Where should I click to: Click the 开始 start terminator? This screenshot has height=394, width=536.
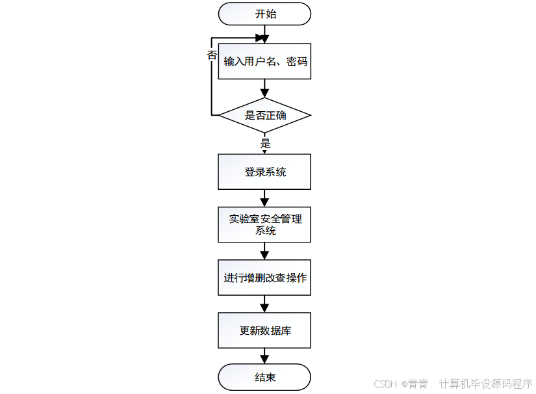coord(264,14)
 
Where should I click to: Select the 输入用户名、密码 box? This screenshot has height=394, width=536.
coord(264,62)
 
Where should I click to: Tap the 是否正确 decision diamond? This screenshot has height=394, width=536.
coord(264,116)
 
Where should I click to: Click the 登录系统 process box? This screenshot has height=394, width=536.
coord(264,172)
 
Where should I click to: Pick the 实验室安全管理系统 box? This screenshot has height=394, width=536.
coord(264,224)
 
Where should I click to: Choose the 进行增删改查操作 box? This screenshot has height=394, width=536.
coord(264,278)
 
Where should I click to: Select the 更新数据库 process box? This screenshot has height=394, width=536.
coord(264,330)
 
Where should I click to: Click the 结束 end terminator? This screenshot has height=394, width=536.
coord(264,377)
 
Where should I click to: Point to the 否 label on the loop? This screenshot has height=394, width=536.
coord(212,55)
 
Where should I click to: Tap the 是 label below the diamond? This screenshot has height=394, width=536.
coord(265,143)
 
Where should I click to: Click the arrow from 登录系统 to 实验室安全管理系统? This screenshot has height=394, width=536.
coord(264,198)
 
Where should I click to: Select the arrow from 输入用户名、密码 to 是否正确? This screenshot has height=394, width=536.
coord(264,88)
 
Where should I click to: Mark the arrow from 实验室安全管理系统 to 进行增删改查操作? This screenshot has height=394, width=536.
coord(264,251)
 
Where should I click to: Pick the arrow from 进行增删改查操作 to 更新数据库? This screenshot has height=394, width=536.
coord(264,304)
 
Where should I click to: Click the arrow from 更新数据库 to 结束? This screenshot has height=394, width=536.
coord(264,355)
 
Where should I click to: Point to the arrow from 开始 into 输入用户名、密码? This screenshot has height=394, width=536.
coord(264,34)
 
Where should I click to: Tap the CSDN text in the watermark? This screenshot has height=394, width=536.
coord(386,384)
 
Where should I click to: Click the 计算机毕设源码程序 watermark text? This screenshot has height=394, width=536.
coord(486,384)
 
